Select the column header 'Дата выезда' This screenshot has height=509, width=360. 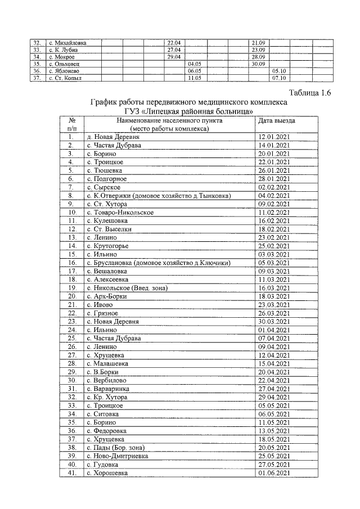click(277, 120)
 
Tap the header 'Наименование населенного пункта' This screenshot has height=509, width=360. click(169, 120)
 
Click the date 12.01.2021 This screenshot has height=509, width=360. click(274, 137)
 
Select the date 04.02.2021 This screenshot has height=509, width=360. click(274, 196)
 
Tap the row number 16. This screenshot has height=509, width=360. click(72, 263)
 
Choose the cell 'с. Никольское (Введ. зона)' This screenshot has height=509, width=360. click(127, 288)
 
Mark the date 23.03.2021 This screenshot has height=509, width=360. click(274, 305)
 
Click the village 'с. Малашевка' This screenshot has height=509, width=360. click(105, 364)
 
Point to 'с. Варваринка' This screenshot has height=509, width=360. click(107, 389)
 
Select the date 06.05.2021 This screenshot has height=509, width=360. click(274, 414)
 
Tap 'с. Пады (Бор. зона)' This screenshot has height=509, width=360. click(115, 448)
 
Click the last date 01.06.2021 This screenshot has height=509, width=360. click(274, 473)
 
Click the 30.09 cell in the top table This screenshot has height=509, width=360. click(259, 64)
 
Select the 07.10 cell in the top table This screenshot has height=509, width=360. click(279, 78)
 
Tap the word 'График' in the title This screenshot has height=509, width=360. click(106, 102)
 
